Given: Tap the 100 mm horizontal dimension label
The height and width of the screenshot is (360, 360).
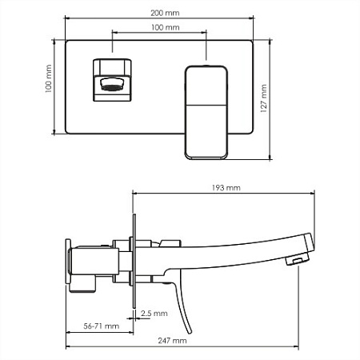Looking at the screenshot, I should [x=164, y=28].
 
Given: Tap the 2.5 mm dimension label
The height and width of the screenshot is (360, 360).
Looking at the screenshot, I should [x=148, y=314].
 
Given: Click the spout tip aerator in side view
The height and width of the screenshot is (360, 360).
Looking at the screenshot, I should [x=296, y=260].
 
